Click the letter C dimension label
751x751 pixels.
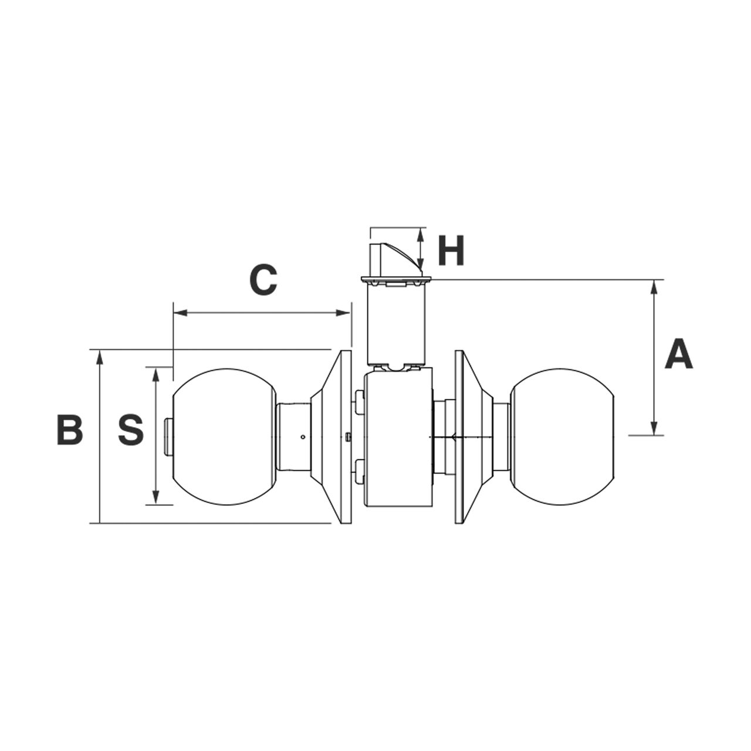point(263,280)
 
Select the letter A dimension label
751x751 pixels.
point(678,354)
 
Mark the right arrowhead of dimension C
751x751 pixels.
point(344,313)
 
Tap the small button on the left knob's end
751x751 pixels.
point(169,437)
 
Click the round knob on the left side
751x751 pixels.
point(224,437)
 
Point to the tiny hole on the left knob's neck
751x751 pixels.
point(302,437)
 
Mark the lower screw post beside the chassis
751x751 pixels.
point(359,471)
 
